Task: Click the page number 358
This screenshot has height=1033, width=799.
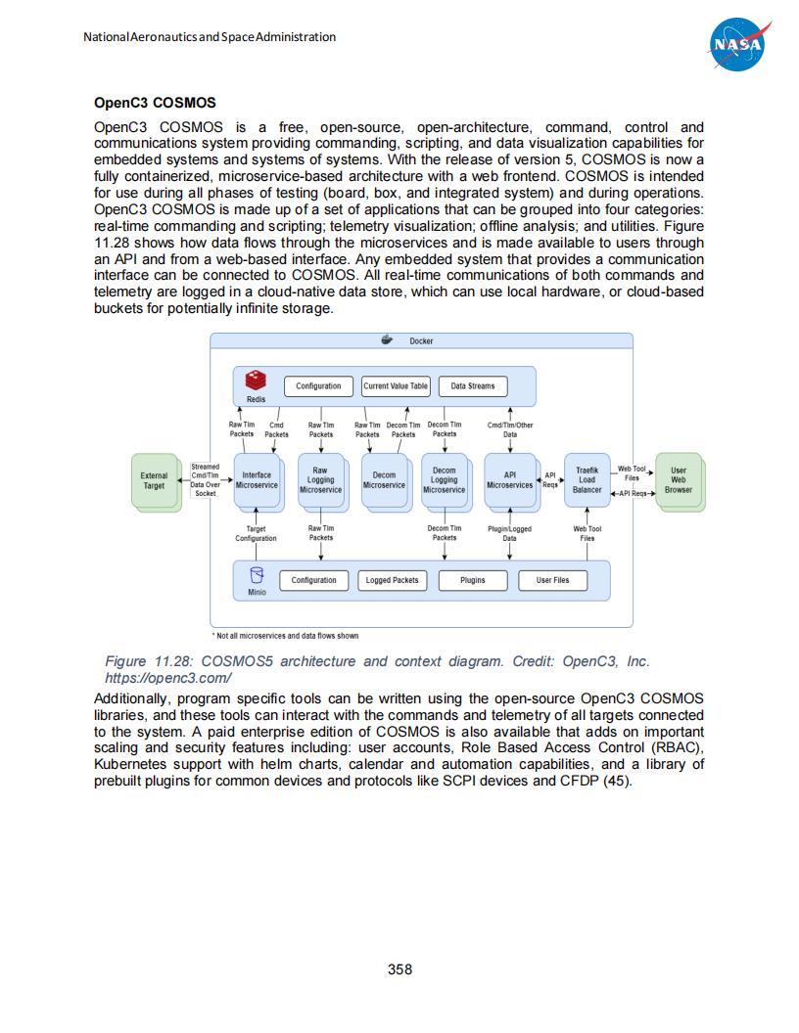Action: coord(399,969)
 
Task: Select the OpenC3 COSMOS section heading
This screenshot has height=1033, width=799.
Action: coord(155,103)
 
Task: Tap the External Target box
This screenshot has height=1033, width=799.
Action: coord(154,480)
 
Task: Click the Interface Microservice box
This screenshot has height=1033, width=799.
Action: coord(257,480)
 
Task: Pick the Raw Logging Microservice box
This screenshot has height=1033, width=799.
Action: coord(320,480)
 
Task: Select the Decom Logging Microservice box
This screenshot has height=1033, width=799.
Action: coord(444,480)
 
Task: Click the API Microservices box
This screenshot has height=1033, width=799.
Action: coord(509,480)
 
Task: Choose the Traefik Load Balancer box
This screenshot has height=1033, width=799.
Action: coord(587,480)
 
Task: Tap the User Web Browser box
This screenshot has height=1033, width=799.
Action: coord(679,480)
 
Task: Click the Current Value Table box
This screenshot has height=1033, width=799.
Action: coord(396,386)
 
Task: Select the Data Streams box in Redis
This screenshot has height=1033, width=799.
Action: coord(473,386)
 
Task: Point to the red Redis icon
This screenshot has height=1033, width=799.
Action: coord(256,380)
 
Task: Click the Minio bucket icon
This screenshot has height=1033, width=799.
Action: coord(257,575)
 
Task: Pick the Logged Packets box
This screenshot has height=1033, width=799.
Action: coord(392,580)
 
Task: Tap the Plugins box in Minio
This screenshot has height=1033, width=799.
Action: coord(473,580)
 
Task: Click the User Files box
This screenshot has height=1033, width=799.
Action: coord(552,580)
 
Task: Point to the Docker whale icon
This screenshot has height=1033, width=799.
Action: coord(387,340)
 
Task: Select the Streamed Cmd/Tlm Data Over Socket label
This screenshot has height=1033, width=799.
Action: coord(206,480)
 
